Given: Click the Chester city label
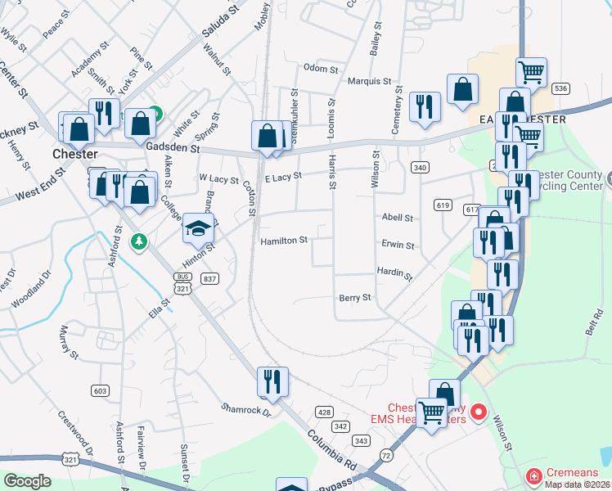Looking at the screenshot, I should click(x=74, y=154).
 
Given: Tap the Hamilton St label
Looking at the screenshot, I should click(x=284, y=241).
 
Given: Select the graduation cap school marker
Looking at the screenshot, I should click(x=198, y=229).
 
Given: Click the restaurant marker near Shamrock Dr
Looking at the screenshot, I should click(x=272, y=381).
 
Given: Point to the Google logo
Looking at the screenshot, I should click(x=27, y=480).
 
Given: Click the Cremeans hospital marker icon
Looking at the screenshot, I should click(x=533, y=475).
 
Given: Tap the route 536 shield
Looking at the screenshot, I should click(x=560, y=88).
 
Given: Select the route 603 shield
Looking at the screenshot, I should click(x=101, y=391).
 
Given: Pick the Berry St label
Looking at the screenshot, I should click(x=355, y=298).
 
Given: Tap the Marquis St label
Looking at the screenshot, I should click(x=368, y=81).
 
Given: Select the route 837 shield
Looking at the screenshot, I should click(x=210, y=279).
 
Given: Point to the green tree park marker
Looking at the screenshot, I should click(x=139, y=241).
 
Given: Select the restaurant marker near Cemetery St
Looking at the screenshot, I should click(x=425, y=106).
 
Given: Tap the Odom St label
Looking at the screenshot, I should click(x=320, y=69).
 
